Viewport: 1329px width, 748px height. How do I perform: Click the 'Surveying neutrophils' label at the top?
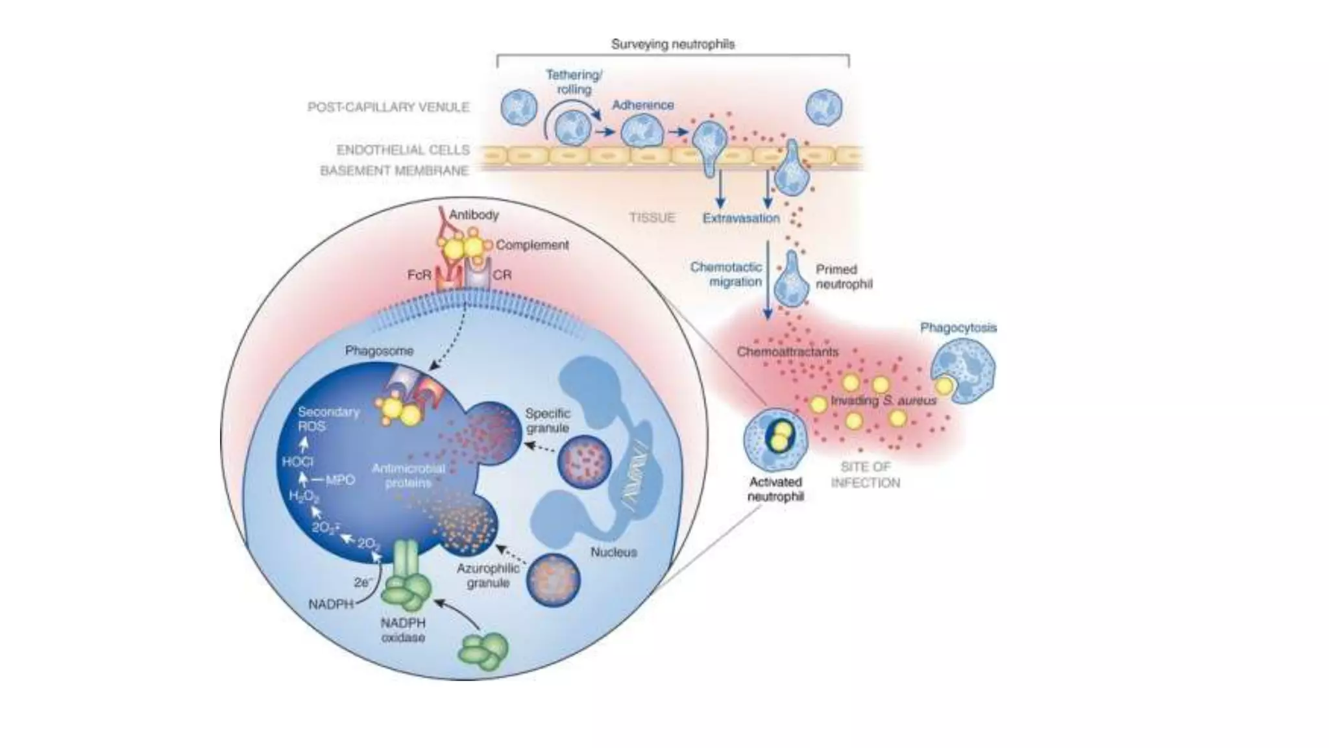[672, 44]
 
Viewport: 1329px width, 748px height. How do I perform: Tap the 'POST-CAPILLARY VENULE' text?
[388, 107]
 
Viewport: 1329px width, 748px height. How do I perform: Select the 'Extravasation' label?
[741, 218]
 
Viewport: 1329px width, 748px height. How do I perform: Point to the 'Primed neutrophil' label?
[844, 277]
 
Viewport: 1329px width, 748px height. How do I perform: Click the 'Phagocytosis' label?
[958, 328]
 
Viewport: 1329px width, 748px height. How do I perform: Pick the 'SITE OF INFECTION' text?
[865, 475]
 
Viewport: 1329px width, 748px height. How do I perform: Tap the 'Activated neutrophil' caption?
[775, 489]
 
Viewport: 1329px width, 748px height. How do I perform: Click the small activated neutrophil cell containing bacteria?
[775, 439]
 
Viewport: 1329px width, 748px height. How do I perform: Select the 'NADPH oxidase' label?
[403, 630]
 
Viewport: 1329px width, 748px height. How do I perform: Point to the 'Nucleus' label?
[613, 552]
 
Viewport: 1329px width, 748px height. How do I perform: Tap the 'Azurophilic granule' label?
[487, 575]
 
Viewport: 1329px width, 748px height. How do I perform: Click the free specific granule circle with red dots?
[584, 463]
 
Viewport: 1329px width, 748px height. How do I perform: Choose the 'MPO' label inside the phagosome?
[340, 480]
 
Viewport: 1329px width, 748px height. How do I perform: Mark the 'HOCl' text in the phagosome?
[298, 462]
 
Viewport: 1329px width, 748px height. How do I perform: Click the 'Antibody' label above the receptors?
[474, 214]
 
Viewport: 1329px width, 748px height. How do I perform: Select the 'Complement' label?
[532, 245]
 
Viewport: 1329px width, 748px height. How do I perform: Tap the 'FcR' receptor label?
[419, 275]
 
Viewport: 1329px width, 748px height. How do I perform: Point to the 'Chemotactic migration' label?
[726, 274]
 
